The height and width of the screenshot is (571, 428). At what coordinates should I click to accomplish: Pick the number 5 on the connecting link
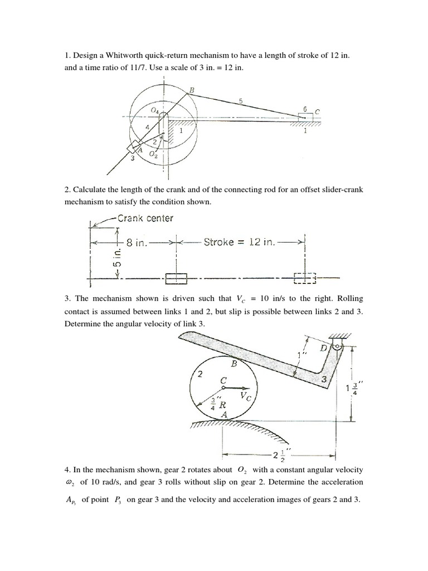pyautogui.click(x=240, y=100)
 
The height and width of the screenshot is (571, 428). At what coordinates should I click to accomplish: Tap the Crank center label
pyautogui.click(x=145, y=218)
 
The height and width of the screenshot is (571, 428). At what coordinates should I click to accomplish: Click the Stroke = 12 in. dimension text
pyautogui.click(x=240, y=243)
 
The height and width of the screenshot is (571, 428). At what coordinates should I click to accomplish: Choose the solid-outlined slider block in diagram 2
pyautogui.click(x=177, y=278)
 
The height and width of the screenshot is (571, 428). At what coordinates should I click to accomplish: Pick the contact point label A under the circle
pyautogui.click(x=223, y=415)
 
